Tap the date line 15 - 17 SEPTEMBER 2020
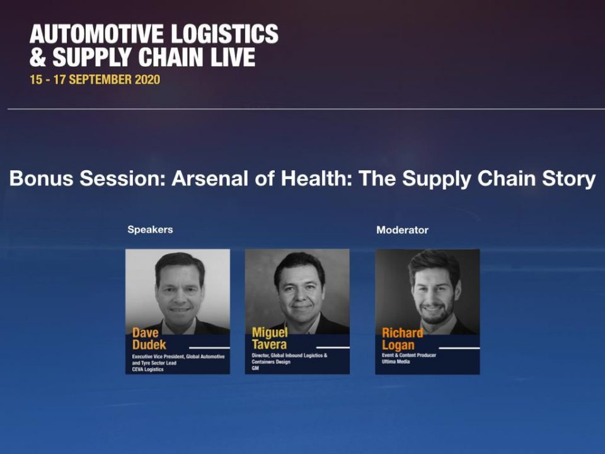coord(95,79)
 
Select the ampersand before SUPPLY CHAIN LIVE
coord(38,57)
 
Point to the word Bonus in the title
coord(42,178)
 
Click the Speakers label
coord(150,230)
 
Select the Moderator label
coord(403,230)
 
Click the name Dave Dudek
coord(149,339)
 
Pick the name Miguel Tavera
coord(270,338)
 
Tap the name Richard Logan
coord(403,339)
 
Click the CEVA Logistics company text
coord(147,370)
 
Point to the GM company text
coord(255,368)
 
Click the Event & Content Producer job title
coord(409,355)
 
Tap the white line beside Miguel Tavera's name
coord(333,347)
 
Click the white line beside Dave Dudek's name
coord(209,348)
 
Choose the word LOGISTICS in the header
coord(224,33)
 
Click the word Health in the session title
coord(316,178)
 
